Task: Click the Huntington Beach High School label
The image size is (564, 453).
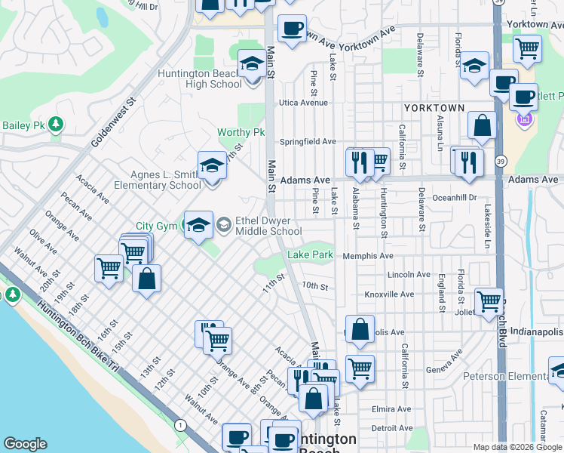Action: (x=200, y=79)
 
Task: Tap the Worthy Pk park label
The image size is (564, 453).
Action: (x=241, y=133)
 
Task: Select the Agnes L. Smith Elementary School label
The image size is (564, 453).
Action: (x=157, y=180)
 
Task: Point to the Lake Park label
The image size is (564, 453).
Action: (x=310, y=255)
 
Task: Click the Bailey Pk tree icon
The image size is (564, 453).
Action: (x=55, y=124)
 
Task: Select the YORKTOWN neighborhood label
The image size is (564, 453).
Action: (x=434, y=108)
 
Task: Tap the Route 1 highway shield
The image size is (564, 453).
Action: (x=180, y=426)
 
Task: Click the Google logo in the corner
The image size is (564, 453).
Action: (x=25, y=443)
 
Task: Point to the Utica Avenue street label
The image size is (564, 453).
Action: (x=304, y=102)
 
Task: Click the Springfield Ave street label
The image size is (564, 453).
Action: (x=308, y=141)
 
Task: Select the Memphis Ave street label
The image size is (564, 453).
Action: (x=368, y=256)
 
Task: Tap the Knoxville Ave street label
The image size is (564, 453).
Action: (x=389, y=294)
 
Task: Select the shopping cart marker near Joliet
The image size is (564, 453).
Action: (x=489, y=300)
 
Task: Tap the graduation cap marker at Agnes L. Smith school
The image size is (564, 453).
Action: (x=212, y=166)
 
